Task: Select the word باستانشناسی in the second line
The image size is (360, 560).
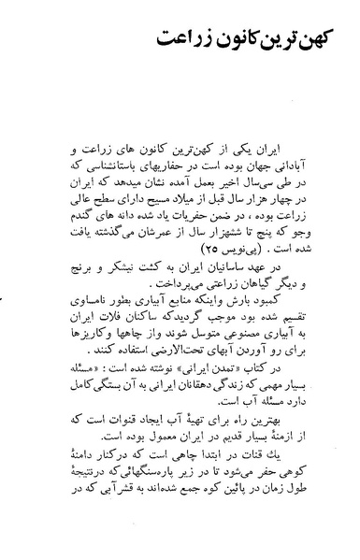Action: (x=113, y=165)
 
